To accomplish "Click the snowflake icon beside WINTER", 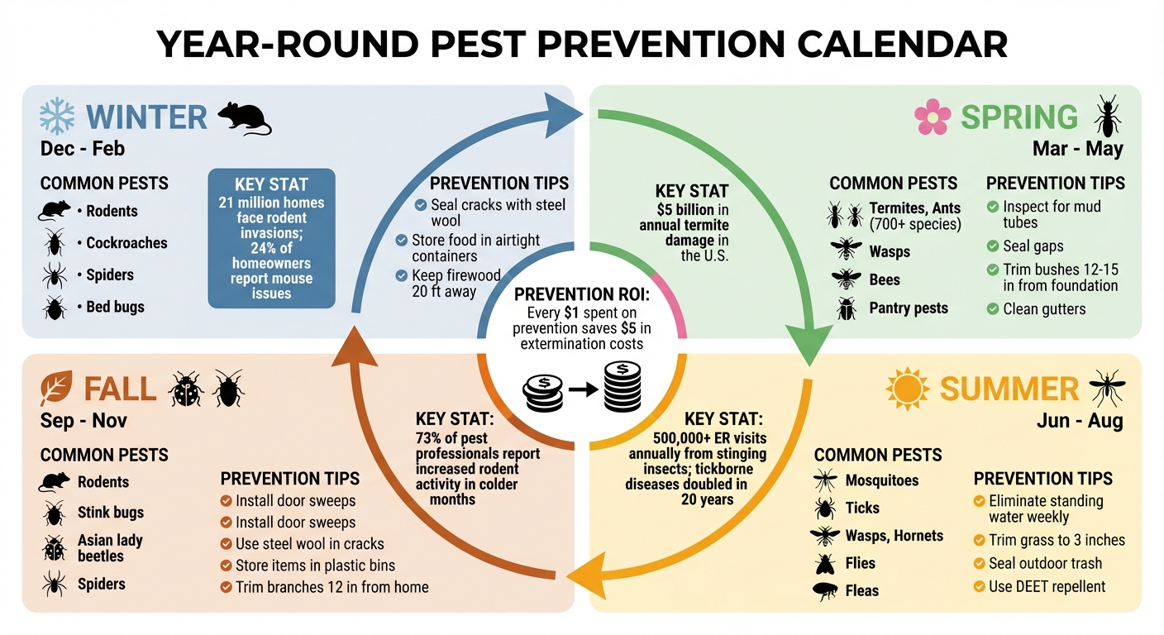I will [x=57, y=117].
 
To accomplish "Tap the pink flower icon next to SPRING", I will [x=932, y=117].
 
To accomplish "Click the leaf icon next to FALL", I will [x=55, y=388].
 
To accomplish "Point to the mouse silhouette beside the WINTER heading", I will [x=244, y=118].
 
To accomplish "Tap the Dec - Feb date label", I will [x=83, y=149].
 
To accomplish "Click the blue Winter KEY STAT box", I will [x=271, y=238].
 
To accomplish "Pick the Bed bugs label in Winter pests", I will [x=115, y=307].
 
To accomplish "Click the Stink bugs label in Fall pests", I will [x=111, y=513].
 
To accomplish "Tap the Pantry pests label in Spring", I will [x=909, y=308].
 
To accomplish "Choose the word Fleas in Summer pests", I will [x=862, y=591].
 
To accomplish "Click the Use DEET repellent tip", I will [x=1047, y=586].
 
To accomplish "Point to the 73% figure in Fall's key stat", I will [x=430, y=437].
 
